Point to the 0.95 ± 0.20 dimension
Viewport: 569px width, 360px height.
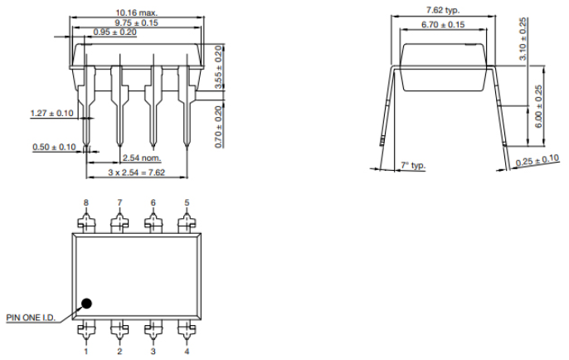[114, 32]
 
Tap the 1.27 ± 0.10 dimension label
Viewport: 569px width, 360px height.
[51, 112]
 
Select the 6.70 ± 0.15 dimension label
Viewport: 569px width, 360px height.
[442, 25]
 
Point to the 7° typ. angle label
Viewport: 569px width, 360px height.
[412, 166]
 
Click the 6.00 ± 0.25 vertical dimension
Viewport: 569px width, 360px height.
[540, 105]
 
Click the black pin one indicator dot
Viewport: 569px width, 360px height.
[86, 303]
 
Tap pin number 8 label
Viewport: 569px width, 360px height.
[85, 202]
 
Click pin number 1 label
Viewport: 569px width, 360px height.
[85, 351]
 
